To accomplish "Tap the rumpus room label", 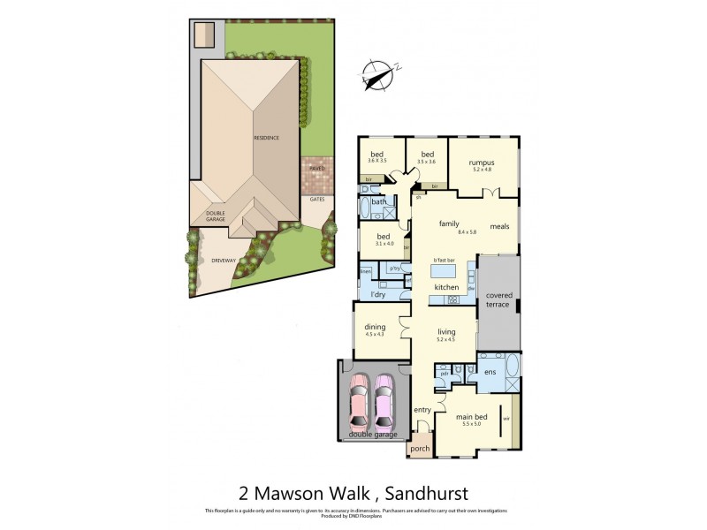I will click(482, 163).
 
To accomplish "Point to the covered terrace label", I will click(498, 299).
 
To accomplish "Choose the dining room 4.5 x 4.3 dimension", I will click(375, 334).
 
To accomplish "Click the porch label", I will click(420, 449).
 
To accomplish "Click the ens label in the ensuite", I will click(490, 373).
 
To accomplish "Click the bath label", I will click(378, 202).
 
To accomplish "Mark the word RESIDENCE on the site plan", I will click(267, 138).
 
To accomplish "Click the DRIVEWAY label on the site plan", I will click(224, 261).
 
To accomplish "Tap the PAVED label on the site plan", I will click(317, 168).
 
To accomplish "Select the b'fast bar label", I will click(445, 260).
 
